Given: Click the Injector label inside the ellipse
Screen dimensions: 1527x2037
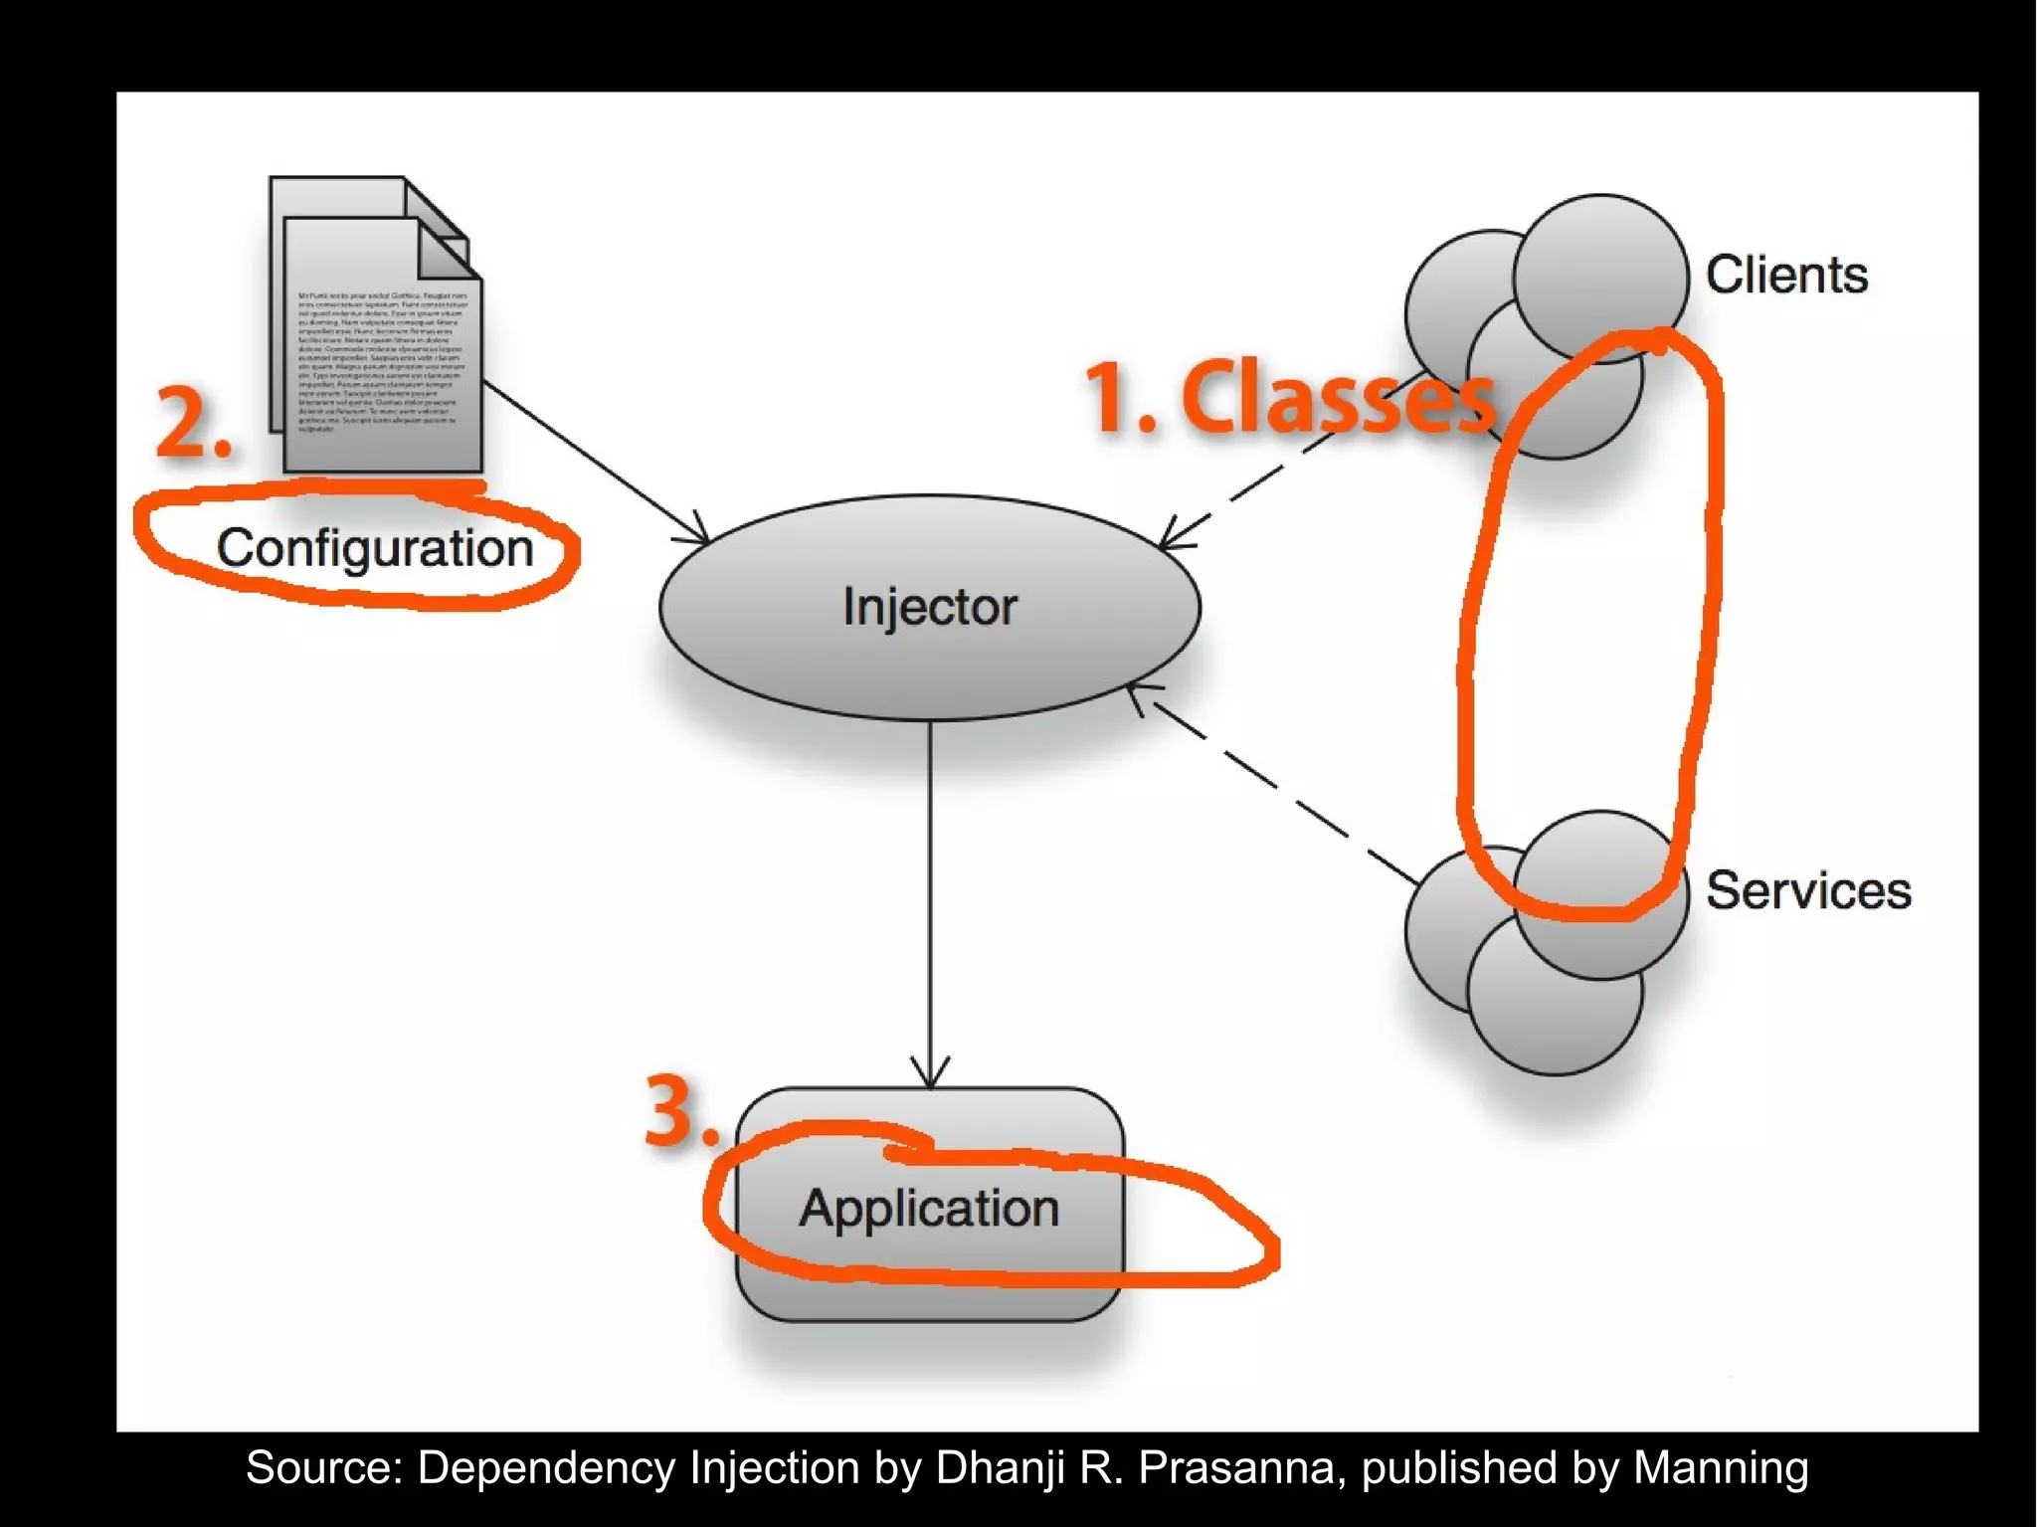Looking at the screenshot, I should pos(930,607).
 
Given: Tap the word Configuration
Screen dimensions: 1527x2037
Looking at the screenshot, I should pos(375,548).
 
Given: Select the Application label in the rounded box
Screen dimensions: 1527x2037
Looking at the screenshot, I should pos(929,1209).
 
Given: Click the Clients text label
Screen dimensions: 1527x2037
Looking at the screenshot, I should pos(1786,275).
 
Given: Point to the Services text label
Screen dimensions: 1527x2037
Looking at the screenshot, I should pos(1808,890).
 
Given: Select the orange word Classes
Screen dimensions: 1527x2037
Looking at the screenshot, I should pos(1338,397).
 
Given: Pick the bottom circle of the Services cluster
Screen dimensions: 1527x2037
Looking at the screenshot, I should pos(1555,1005).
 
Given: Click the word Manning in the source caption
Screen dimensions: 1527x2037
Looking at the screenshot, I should pos(1720,1468).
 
